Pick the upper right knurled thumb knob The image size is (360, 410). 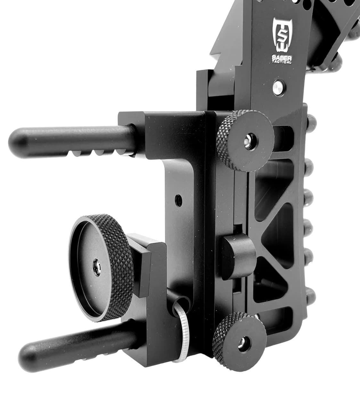(245, 141)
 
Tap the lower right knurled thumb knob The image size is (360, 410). (239, 341)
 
